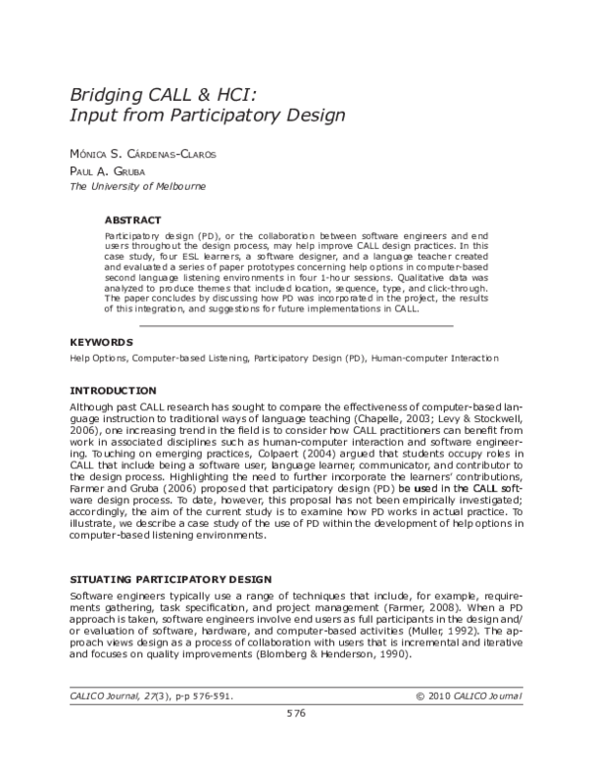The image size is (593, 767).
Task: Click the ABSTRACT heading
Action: [x=132, y=220]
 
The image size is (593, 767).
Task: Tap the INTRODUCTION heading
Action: [x=113, y=390]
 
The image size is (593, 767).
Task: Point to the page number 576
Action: [x=296, y=740]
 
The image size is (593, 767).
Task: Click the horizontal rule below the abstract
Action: [x=296, y=325]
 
